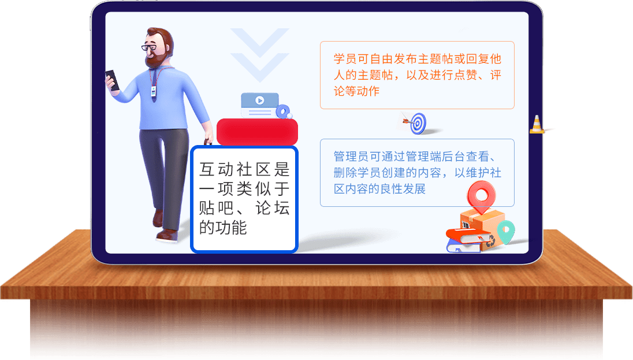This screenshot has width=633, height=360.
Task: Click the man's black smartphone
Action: (x=113, y=80)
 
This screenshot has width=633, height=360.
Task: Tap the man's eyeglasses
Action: (x=149, y=47)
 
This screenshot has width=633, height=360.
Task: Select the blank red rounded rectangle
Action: (x=257, y=132)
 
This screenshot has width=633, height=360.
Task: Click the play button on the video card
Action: (x=259, y=100)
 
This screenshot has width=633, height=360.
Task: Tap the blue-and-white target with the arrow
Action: (x=417, y=123)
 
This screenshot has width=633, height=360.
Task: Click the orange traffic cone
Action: (x=537, y=124)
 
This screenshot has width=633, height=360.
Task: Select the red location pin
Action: (x=481, y=197)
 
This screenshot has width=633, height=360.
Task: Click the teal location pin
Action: (x=506, y=232)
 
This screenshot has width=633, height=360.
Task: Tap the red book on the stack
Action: (x=469, y=236)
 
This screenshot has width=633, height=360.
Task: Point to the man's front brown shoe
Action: (x=167, y=235)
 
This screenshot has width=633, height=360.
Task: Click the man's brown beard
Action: (x=155, y=60)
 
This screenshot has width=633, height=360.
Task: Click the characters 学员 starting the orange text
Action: (x=345, y=59)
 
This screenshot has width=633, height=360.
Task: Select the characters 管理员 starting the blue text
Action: (x=351, y=157)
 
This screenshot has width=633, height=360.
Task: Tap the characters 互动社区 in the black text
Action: (x=235, y=169)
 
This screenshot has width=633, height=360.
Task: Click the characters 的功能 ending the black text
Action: (x=223, y=228)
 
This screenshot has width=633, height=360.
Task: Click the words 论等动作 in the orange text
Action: (x=357, y=91)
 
